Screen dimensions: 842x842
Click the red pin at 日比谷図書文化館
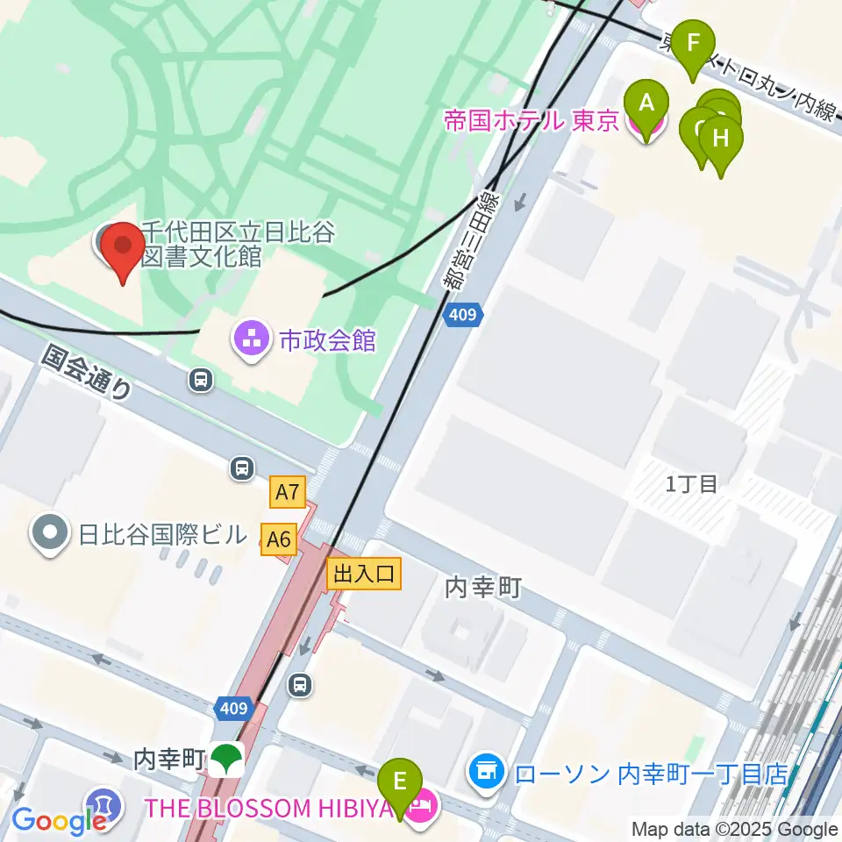(123, 249)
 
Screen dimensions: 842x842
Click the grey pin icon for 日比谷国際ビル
(50, 533)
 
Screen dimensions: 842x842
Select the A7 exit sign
(289, 495)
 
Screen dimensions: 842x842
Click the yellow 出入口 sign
(364, 574)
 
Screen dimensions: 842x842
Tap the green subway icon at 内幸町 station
(229, 760)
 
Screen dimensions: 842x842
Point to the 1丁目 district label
(691, 483)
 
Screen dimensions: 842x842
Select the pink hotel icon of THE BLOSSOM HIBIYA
(422, 806)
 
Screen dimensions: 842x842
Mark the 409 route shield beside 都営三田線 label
(461, 314)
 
